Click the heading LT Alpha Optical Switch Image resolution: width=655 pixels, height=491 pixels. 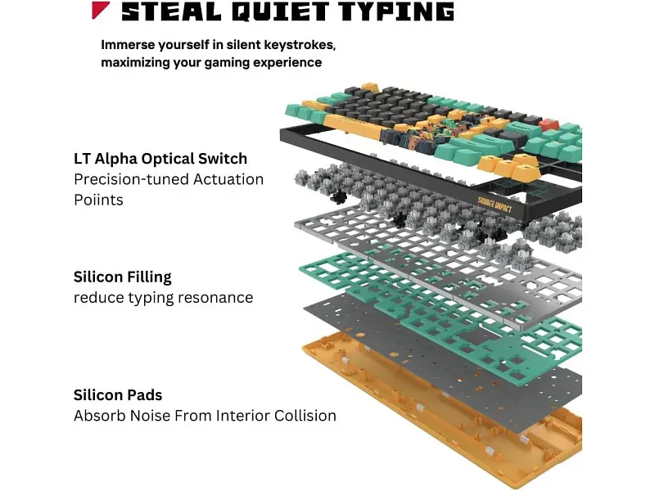[160, 159]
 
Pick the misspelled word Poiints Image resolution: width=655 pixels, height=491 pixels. [98, 200]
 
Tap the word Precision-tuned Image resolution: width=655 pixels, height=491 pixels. [131, 179]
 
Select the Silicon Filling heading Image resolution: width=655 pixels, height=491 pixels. [122, 277]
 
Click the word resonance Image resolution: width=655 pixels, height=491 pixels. [215, 298]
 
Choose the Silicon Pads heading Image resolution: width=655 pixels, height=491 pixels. [118, 395]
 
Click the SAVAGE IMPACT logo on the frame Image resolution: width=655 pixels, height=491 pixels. [495, 204]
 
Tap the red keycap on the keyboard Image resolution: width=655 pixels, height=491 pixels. [549, 124]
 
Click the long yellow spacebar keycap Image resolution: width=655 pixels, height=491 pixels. [352, 126]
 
